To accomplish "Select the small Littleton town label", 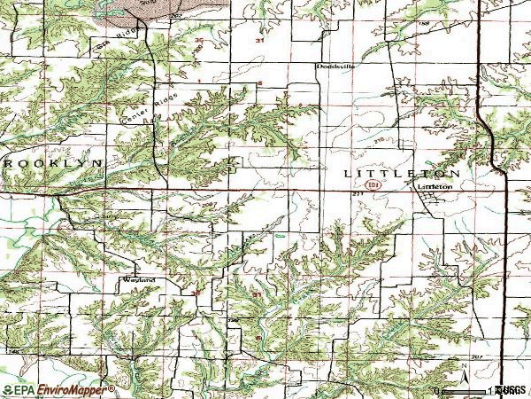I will pos(435,188).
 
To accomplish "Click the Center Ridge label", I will pos(136,110).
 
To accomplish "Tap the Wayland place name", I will pos(139,280).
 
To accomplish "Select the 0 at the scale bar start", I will pos(437,390).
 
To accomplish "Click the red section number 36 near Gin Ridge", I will pos(198,42).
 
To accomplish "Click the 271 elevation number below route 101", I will pos(358,193).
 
